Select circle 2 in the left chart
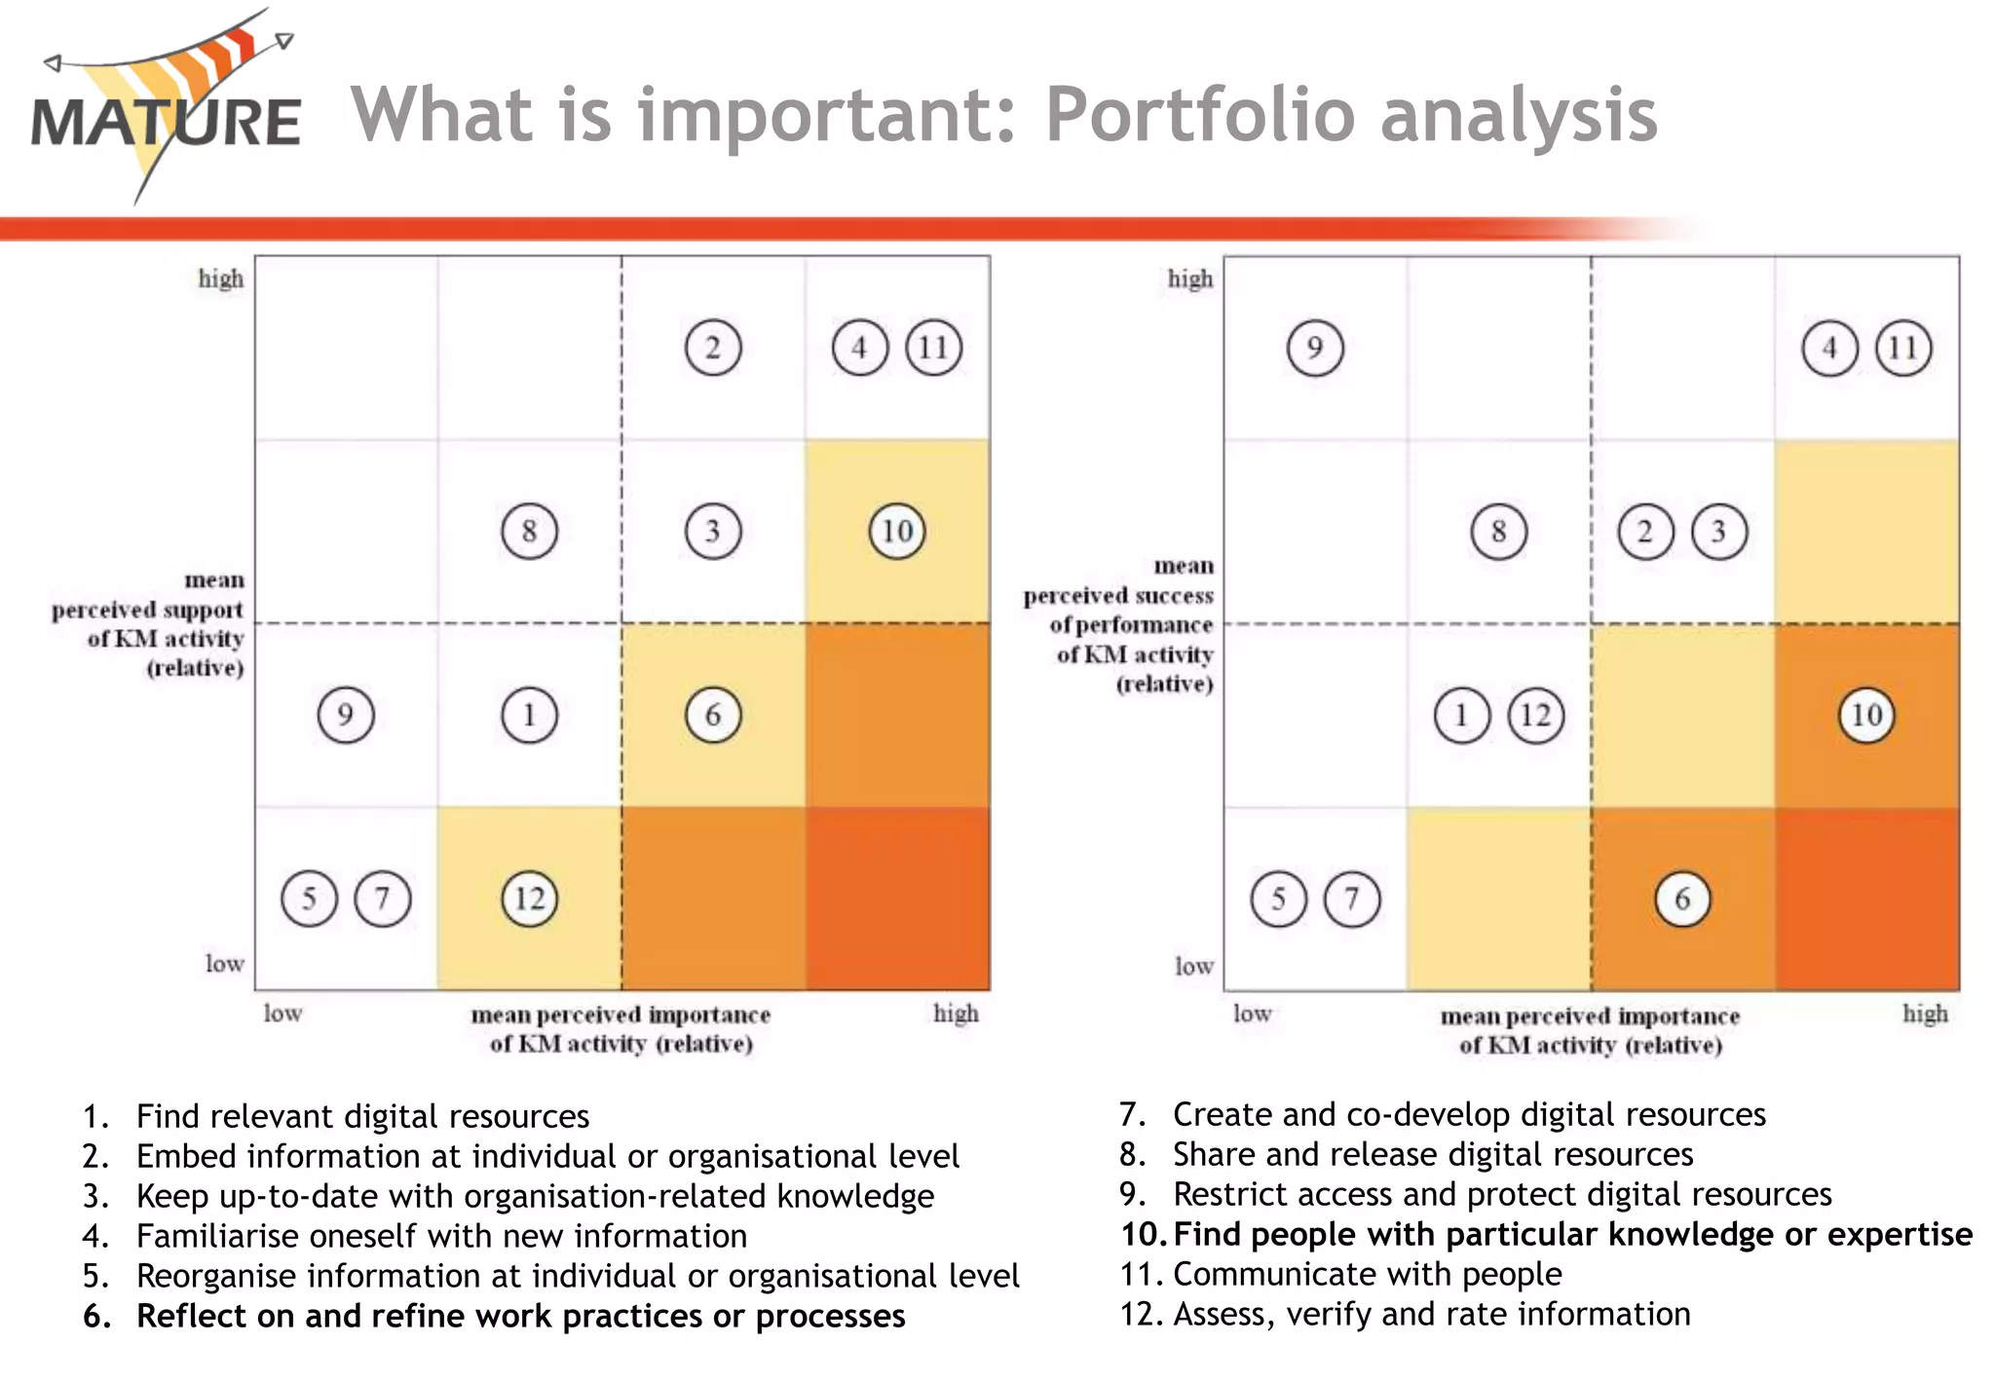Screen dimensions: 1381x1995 pyautogui.click(x=713, y=348)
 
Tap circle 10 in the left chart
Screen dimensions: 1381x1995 pyautogui.click(x=896, y=531)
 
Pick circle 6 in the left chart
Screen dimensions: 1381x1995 pyautogui.click(x=713, y=715)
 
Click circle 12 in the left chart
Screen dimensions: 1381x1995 pyautogui.click(x=530, y=898)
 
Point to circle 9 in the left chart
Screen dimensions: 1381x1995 pyautogui.click(x=346, y=715)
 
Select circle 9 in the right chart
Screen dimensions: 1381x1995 pyautogui.click(x=1315, y=348)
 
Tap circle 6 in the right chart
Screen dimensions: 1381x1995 pyautogui.click(x=1682, y=898)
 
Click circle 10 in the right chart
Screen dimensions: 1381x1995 pyautogui.click(x=1866, y=715)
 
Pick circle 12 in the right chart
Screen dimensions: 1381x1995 pyautogui.click(x=1536, y=715)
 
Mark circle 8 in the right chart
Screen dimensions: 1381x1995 pyautogui.click(x=1499, y=531)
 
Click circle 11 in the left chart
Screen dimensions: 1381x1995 pyautogui.click(x=934, y=348)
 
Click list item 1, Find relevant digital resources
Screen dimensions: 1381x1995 pyautogui.click(x=362, y=1116)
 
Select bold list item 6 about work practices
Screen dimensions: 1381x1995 pyautogui.click(x=520, y=1316)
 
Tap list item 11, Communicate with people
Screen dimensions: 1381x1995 pyautogui.click(x=1367, y=1274)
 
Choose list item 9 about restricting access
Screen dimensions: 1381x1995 pyautogui.click(x=1501, y=1194)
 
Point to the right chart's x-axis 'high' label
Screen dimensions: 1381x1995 pyautogui.click(x=1925, y=1014)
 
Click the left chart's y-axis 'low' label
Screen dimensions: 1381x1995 pyautogui.click(x=224, y=963)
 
